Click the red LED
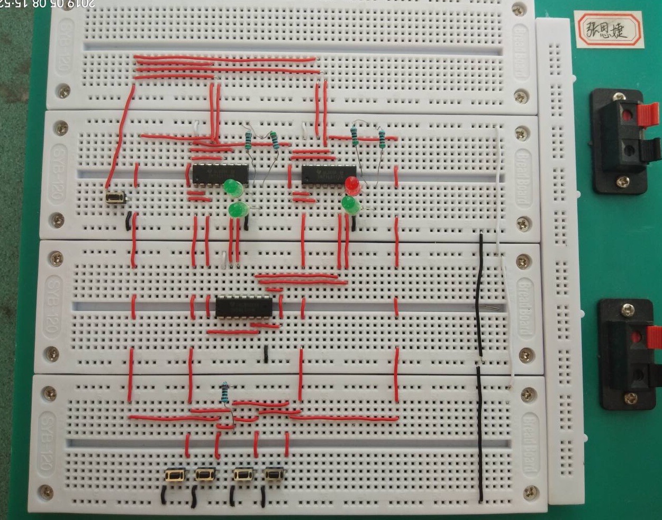(351, 185)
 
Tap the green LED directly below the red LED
(349, 204)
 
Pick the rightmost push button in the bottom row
(273, 475)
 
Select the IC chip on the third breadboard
(244, 306)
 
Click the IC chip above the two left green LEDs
(220, 174)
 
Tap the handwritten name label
(608, 30)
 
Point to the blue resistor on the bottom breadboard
(225, 391)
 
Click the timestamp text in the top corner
(48, 4)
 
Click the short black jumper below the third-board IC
(266, 354)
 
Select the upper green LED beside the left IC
(231, 187)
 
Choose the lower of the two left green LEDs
(238, 210)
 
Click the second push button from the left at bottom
(205, 475)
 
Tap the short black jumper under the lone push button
(128, 220)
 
